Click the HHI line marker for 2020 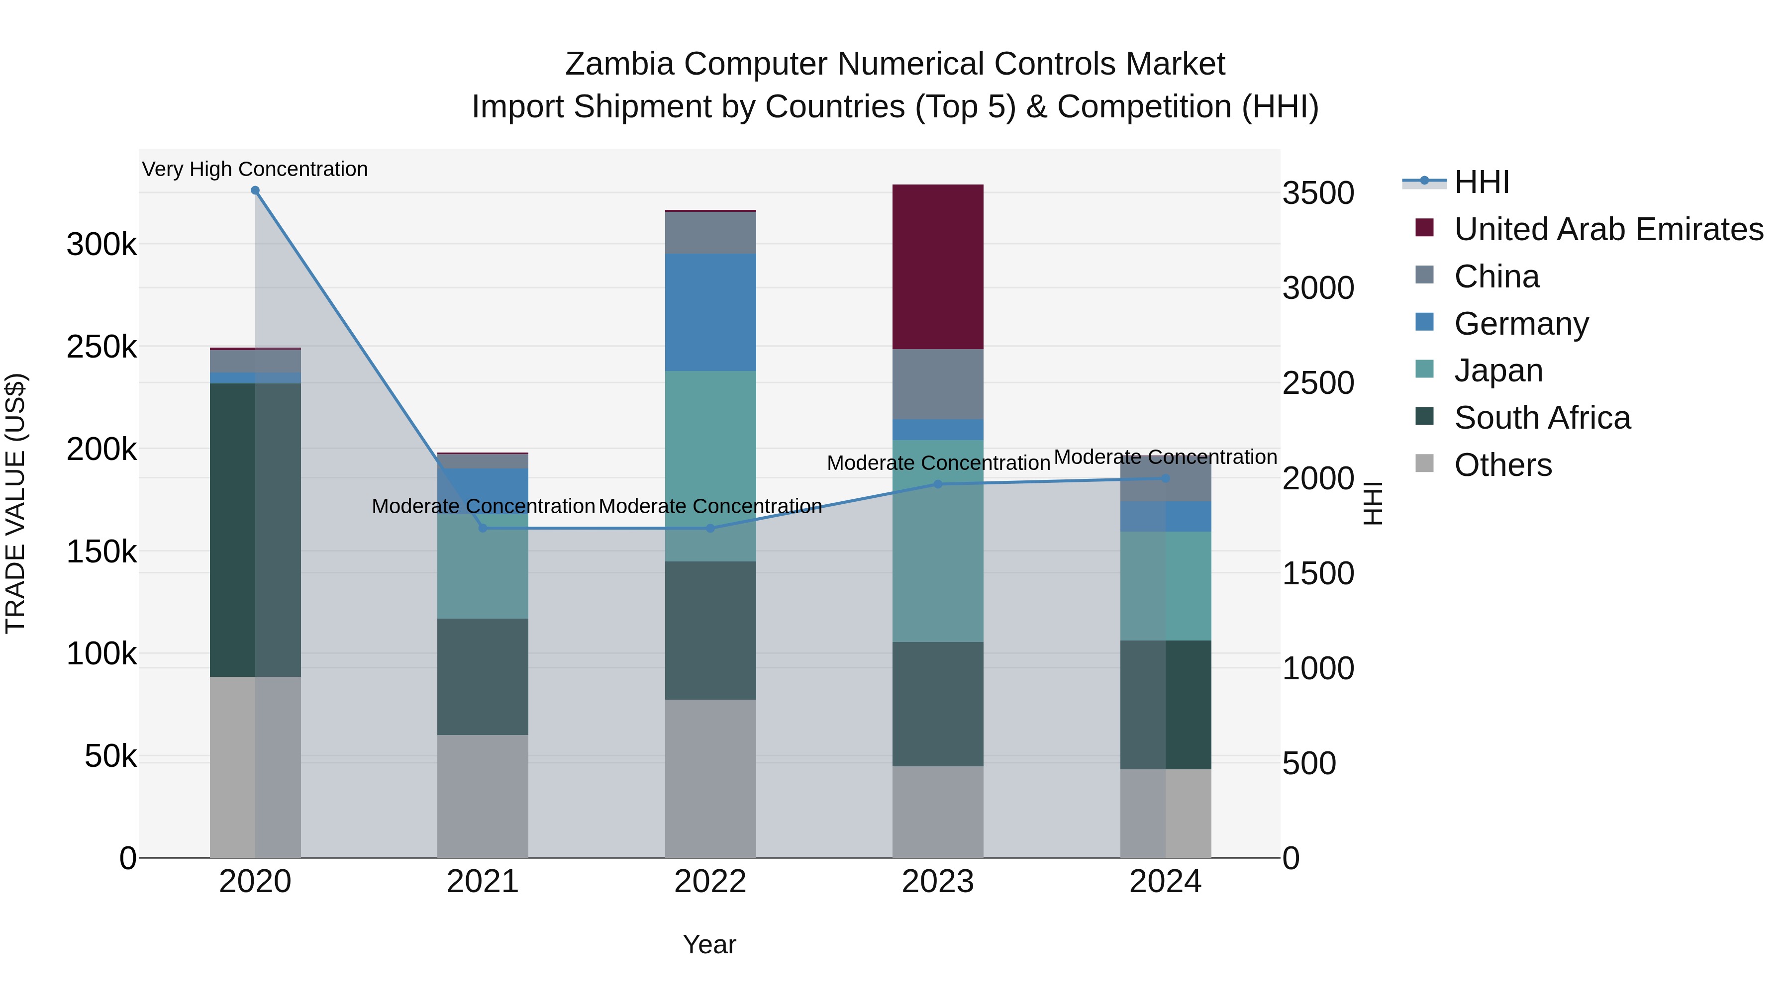(255, 190)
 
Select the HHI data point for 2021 (483, 528)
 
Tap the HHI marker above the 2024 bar (1166, 478)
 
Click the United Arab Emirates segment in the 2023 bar (938, 267)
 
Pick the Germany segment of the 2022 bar (710, 312)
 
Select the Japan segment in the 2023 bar (938, 541)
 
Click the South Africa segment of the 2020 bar (255, 530)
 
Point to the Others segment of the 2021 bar (483, 796)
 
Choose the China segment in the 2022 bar (710, 233)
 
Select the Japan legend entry (1498, 370)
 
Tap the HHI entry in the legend (1481, 182)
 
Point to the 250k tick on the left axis (101, 347)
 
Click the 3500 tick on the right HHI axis (1318, 193)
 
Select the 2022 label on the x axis (710, 882)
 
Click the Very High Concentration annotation (255, 169)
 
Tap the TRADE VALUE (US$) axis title (15, 503)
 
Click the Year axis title (709, 944)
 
